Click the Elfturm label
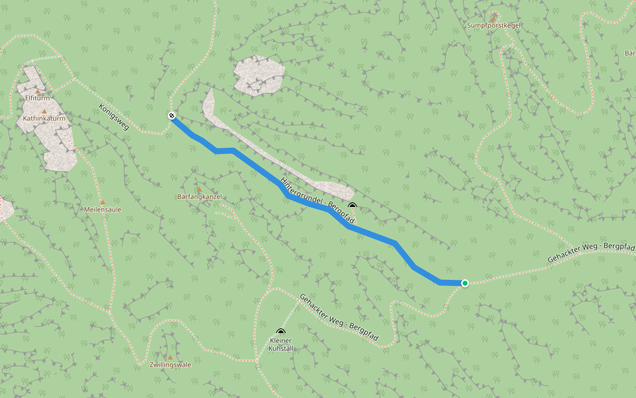pyautogui.click(x=38, y=98)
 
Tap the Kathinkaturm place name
pyautogui.click(x=45, y=119)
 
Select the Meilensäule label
pyautogui.click(x=103, y=210)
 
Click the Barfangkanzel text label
pyautogui.click(x=199, y=198)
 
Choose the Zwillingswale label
pyautogui.click(x=170, y=365)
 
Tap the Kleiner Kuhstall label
pyautogui.click(x=281, y=344)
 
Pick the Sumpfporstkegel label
pyautogui.click(x=494, y=25)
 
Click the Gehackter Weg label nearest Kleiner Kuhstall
pyautogui.click(x=339, y=318)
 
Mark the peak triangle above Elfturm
pyautogui.click(x=38, y=91)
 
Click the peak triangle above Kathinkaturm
pyautogui.click(x=44, y=111)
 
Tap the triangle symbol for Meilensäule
pyautogui.click(x=102, y=202)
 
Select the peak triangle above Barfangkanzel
pyautogui.click(x=199, y=190)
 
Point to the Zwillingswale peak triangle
pyautogui.click(x=170, y=357)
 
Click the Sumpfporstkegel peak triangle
pyautogui.click(x=494, y=17)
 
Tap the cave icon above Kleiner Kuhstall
pyautogui.click(x=281, y=332)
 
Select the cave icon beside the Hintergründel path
pyautogui.click(x=352, y=206)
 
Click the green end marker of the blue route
pyautogui.click(x=465, y=283)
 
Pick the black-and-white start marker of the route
pyautogui.click(x=172, y=116)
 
